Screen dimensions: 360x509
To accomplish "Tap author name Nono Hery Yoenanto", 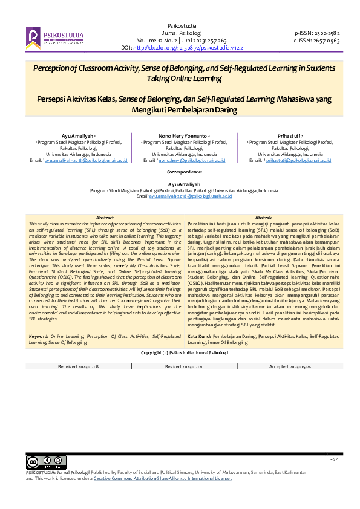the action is pyautogui.click(x=183, y=137).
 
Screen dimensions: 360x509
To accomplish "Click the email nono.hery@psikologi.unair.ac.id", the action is pyautogui.click(x=191, y=161).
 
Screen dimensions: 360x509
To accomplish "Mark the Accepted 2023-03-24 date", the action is pyautogui.click(x=289, y=367).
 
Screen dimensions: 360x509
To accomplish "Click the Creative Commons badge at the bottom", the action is pyautogui.click(x=38, y=462).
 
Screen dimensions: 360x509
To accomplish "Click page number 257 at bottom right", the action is pyautogui.click(x=333, y=460).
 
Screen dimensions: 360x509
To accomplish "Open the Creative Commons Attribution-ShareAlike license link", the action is pyautogui.click(x=162, y=478).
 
